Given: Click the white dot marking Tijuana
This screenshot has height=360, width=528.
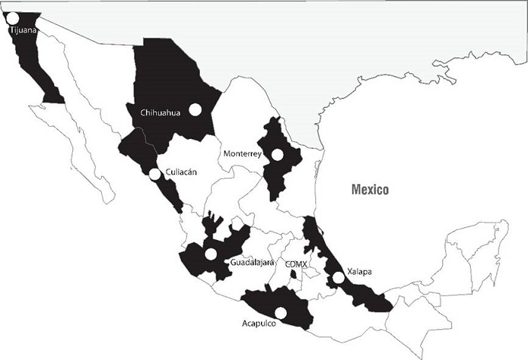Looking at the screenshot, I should pyautogui.click(x=12, y=18).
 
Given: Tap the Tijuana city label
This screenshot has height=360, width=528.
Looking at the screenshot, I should pyautogui.click(x=23, y=31).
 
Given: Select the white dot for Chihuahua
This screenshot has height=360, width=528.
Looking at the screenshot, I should pyautogui.click(x=195, y=109).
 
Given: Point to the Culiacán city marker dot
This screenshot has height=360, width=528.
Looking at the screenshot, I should pyautogui.click(x=155, y=175).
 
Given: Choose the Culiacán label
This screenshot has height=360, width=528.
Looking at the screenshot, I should pyautogui.click(x=181, y=172).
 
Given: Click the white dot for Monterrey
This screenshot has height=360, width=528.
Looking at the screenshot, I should pyautogui.click(x=278, y=155).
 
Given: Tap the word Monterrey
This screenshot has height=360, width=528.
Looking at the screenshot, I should pyautogui.click(x=242, y=154).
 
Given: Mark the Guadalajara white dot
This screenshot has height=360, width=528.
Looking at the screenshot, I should pyautogui.click(x=211, y=254).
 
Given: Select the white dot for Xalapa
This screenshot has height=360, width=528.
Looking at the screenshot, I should pyautogui.click(x=339, y=278).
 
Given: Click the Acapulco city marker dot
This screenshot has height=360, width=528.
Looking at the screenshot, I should pyautogui.click(x=281, y=312).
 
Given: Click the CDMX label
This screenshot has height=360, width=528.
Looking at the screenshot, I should pyautogui.click(x=296, y=263).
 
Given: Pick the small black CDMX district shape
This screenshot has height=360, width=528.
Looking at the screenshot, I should pyautogui.click(x=293, y=274).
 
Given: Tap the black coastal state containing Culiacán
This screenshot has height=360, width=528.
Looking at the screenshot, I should pyautogui.click(x=140, y=151).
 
